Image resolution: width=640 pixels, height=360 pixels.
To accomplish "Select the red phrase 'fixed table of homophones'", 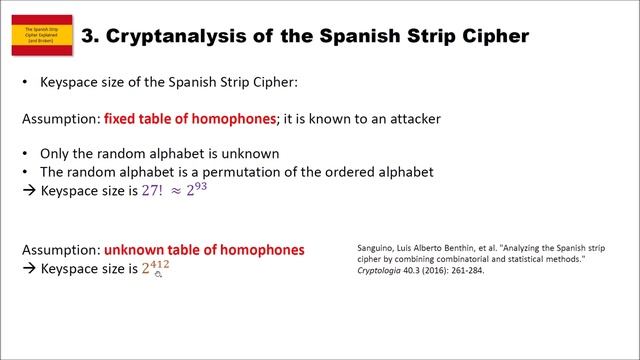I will point(190,118).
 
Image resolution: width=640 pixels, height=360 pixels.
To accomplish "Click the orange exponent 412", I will point(152,263).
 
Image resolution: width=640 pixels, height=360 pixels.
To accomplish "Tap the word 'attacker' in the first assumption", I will point(414,118).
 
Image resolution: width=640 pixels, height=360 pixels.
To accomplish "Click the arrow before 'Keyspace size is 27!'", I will point(28,190).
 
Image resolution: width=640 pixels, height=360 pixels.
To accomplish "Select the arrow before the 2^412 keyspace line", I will point(28,268).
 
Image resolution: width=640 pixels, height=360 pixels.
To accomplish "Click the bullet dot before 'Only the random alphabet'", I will point(24,154).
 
